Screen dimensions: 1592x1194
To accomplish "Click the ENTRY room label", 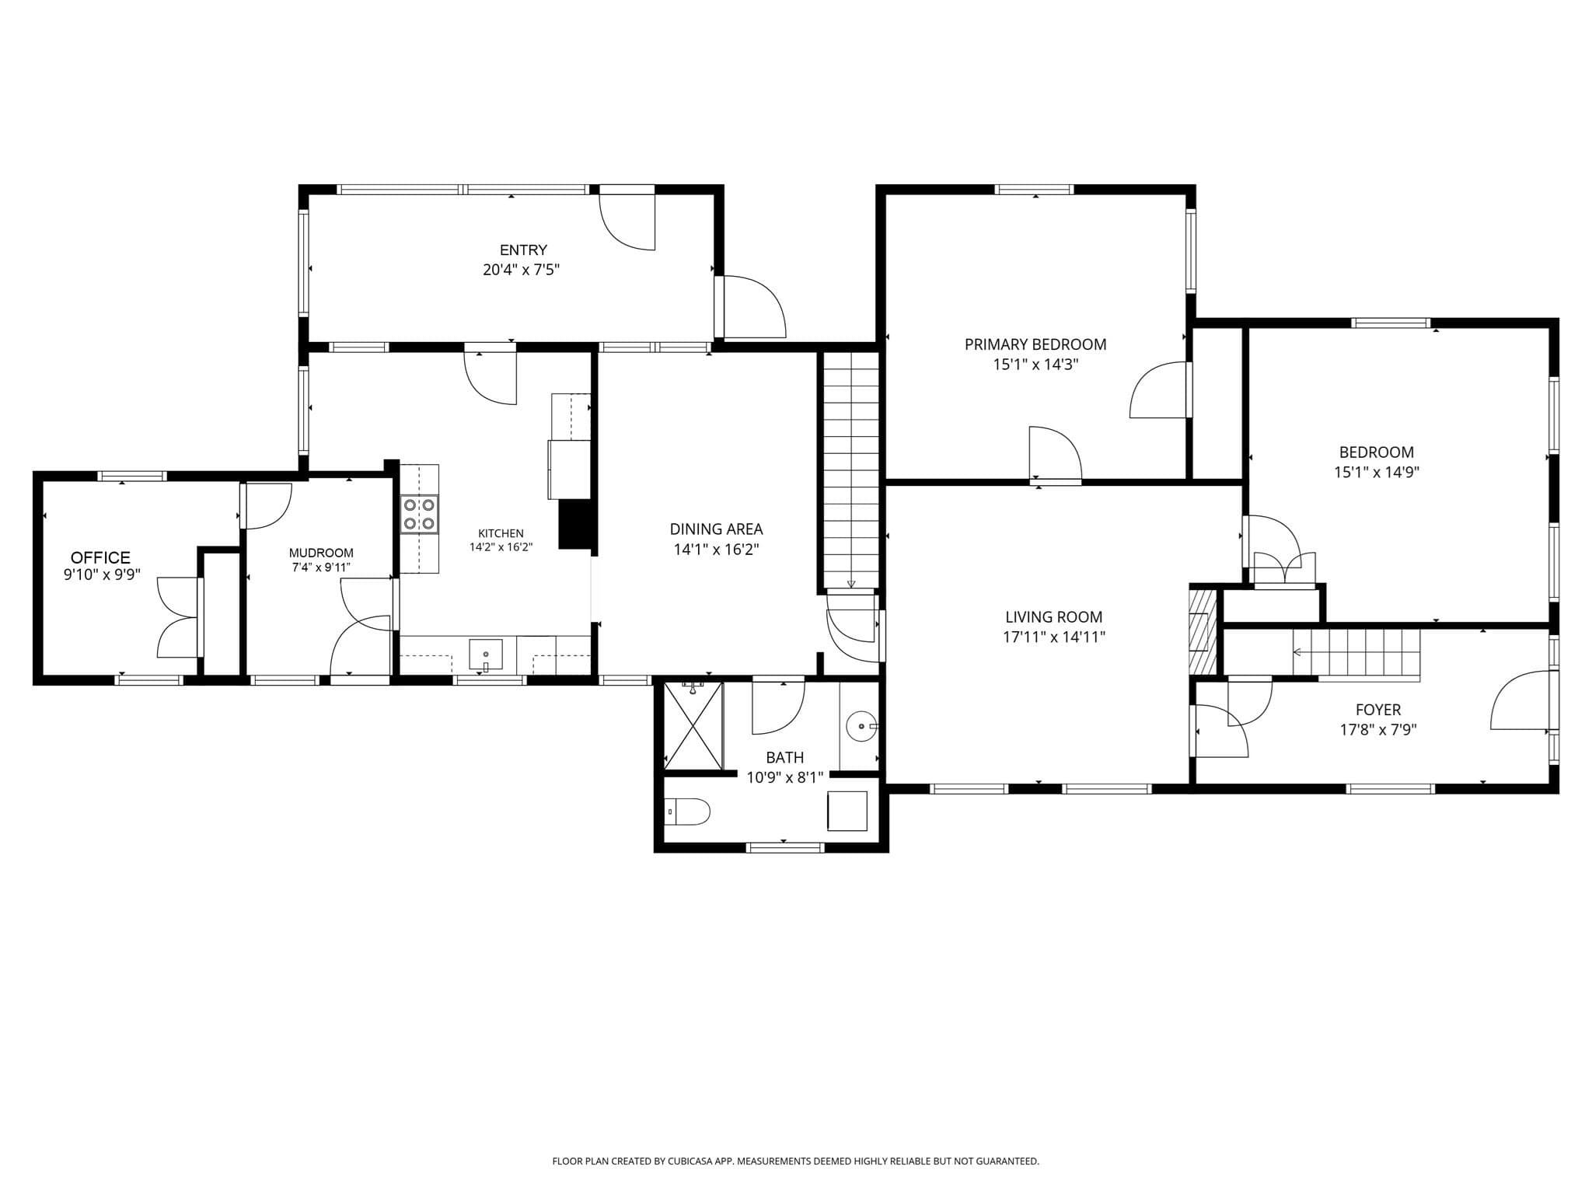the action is click(523, 250).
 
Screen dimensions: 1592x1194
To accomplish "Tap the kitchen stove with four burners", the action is click(419, 515).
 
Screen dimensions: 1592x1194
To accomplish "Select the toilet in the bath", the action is click(689, 812).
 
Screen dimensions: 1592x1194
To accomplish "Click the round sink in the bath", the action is click(863, 727).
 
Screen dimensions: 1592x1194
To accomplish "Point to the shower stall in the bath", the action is click(693, 726).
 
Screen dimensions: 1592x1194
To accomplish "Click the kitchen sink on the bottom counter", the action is click(486, 655).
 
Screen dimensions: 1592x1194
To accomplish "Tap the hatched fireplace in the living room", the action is click(1203, 630).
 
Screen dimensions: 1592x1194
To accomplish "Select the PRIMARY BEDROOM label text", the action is click(1035, 344).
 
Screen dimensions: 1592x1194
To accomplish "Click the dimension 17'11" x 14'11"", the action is click(1054, 637).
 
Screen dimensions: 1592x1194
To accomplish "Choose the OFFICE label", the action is click(100, 557).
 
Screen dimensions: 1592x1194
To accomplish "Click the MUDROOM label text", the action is click(321, 553).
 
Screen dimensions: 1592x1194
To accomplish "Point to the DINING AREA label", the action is click(716, 529).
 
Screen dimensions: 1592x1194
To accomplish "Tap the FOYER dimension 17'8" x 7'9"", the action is click(1378, 730).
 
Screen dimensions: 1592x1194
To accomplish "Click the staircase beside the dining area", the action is click(851, 470).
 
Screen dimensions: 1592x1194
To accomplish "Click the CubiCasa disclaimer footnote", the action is click(795, 1161).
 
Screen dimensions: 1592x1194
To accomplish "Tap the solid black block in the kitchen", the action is click(575, 525).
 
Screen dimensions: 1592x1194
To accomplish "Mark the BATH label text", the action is click(785, 757).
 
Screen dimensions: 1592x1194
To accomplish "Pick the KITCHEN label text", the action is click(501, 533).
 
